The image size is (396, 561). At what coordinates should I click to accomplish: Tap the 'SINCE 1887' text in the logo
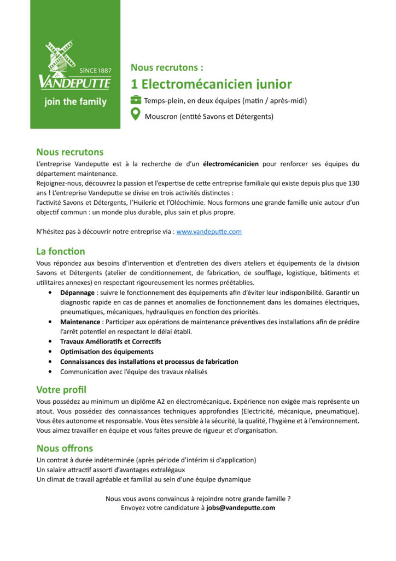tap(95, 71)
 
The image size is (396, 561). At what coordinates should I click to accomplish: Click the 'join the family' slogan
tap(75, 102)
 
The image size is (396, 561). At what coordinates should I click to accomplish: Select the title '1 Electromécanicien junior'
tap(211, 84)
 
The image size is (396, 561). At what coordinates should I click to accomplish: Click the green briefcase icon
tap(136, 100)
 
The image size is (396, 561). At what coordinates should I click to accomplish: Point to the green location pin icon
tap(136, 115)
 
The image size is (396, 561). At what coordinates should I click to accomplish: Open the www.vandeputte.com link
tap(209, 232)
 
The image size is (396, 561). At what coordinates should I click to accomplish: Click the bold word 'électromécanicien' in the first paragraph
tap(231, 163)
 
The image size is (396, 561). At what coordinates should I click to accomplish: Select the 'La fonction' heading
tap(61, 251)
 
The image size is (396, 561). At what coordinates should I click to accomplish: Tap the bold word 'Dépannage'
tap(77, 293)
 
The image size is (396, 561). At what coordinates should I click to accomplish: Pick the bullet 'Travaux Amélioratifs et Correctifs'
tap(110, 341)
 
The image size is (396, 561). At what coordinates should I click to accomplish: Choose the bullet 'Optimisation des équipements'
tap(107, 352)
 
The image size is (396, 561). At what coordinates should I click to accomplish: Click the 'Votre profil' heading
tap(61, 390)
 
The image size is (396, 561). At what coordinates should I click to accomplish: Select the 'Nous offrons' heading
tap(65, 448)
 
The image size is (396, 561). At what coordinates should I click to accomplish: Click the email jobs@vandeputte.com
tap(241, 508)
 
